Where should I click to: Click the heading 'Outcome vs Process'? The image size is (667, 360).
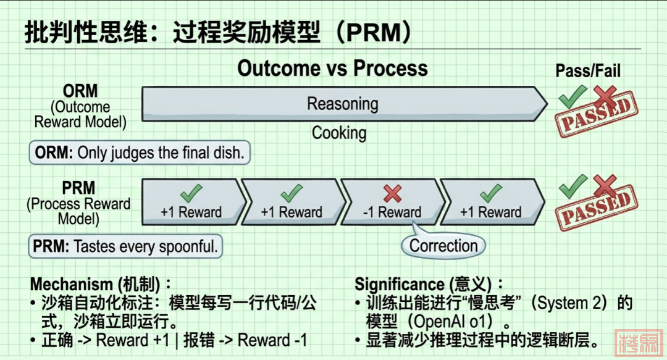(332, 68)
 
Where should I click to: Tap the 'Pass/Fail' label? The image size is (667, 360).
(587, 71)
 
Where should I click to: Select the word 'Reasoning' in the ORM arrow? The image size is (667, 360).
(343, 103)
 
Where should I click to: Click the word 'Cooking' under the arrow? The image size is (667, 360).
(338, 133)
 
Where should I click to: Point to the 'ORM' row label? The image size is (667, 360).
(80, 91)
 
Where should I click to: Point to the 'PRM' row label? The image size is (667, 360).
(78, 188)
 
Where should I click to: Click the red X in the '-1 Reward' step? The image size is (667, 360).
(392, 194)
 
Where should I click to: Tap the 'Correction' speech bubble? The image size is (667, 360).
(443, 246)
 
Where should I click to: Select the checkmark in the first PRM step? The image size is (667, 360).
(191, 194)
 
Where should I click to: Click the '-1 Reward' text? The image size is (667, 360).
(392, 212)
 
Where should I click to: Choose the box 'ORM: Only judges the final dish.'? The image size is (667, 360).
(139, 153)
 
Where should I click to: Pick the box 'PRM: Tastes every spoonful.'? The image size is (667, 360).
(125, 247)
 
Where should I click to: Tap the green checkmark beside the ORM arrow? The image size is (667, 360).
(573, 97)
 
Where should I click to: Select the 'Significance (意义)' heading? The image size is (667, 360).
(429, 285)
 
